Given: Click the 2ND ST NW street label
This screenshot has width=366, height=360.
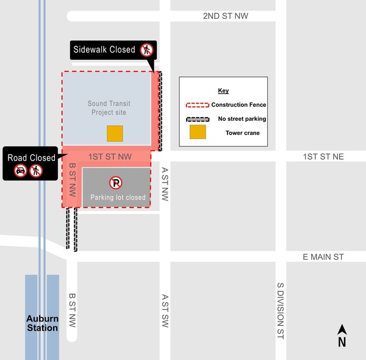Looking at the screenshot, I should point(226,16).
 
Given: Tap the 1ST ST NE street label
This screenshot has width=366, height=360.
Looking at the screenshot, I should point(323,157).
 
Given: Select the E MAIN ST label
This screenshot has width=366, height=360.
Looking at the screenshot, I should point(323,257).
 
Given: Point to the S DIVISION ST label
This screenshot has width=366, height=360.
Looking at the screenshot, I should point(281,311).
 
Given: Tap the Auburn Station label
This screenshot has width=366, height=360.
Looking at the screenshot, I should point(42,323).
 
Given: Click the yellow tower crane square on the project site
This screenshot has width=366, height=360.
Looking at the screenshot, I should point(115,134).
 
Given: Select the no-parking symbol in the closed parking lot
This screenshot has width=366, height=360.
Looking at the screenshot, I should point(116,182).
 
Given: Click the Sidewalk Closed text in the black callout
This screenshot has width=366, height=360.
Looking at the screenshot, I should point(104,49).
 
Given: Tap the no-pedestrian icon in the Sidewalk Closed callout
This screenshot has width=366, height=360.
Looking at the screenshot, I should point(146,50).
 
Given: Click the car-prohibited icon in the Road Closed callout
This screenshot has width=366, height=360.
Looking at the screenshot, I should point(21,171).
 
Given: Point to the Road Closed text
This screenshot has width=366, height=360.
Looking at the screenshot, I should point(31,157).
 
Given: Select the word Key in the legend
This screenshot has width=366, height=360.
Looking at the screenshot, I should point(223,91).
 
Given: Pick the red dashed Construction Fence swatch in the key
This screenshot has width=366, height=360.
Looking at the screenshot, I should point(197,105).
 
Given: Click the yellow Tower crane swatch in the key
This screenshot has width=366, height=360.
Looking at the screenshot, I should point(197,132).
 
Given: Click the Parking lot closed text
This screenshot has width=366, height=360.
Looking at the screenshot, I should point(118,198).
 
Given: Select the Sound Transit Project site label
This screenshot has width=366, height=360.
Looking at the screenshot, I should point(109,108).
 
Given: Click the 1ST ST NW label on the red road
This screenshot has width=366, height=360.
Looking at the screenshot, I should point(110,157).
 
